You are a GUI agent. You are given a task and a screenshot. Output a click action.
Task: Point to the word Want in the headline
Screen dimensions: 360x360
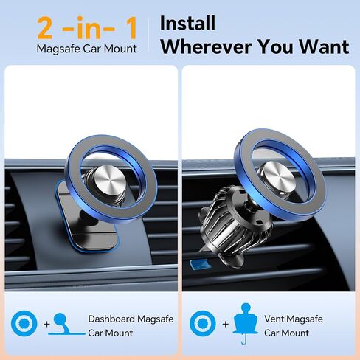tap(322, 46)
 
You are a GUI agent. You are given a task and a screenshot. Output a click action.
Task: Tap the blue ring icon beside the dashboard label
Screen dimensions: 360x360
tap(23, 322)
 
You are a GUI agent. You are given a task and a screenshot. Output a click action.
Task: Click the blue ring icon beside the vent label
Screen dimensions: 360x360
tap(201, 322)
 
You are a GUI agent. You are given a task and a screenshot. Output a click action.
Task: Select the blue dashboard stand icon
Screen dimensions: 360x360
tap(63, 323)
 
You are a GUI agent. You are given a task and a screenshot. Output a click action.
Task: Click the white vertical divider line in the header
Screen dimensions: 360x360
tap(150, 35)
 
